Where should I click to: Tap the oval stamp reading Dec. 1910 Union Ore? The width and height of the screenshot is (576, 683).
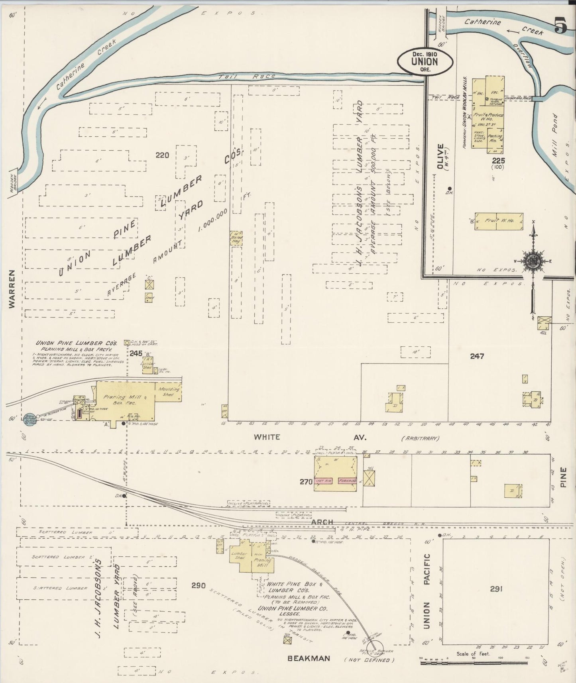425,61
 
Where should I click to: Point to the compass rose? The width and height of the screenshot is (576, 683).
533,261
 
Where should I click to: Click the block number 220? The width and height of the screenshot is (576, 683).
162,155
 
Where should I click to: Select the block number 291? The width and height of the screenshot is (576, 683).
495,588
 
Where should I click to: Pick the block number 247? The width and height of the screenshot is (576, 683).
477,356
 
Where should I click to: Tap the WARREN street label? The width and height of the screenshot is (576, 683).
12,289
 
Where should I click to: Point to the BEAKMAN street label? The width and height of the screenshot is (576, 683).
309,658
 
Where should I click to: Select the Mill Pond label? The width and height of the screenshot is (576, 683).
555,136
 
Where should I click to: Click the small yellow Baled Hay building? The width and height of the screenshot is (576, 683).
236,237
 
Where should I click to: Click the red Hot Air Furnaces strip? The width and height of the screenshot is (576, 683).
335,481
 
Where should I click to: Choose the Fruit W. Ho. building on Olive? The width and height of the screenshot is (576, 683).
498,221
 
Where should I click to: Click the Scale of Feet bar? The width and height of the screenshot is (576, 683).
474,663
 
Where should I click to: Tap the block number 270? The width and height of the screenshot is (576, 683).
306,482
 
